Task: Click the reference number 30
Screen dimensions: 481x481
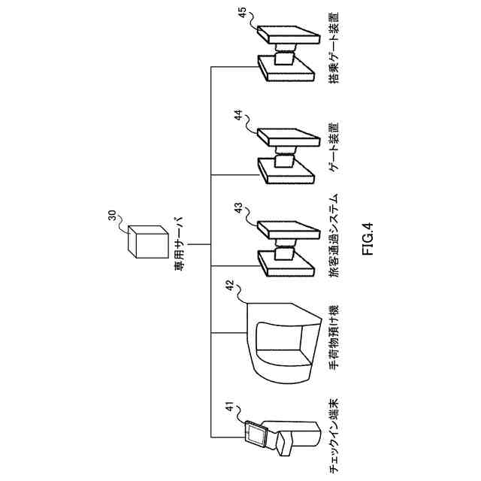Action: [x=111, y=217]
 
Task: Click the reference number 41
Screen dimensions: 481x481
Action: [x=226, y=407]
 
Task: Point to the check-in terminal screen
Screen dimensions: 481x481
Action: [x=255, y=434]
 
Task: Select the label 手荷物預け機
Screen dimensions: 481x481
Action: [x=334, y=334]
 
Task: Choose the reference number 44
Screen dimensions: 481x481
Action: [x=238, y=116]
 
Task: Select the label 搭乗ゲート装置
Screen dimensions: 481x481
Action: [x=334, y=47]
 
